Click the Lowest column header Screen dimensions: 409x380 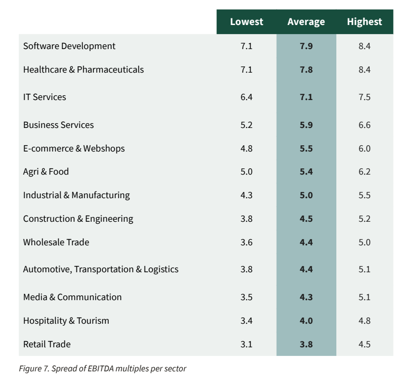pyautogui.click(x=246, y=22)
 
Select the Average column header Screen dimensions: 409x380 pyautogui.click(x=306, y=22)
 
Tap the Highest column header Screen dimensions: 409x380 pyautogui.click(x=364, y=22)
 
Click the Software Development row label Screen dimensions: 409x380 pyautogui.click(x=69, y=46)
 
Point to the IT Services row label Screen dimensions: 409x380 pyautogui.click(x=45, y=97)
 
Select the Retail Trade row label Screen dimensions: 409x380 pyautogui.click(x=47, y=344)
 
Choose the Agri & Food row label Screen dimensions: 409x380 pyautogui.click(x=46, y=172)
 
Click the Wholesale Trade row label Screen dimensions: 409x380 pyautogui.click(x=56, y=242)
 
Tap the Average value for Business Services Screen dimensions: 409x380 pyautogui.click(x=306, y=125)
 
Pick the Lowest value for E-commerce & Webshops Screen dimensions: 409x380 pyautogui.click(x=246, y=149)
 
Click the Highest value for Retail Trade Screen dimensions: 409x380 pyautogui.click(x=364, y=344)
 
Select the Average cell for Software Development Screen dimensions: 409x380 pyautogui.click(x=306, y=46)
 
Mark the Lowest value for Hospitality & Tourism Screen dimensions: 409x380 pyautogui.click(x=246, y=320)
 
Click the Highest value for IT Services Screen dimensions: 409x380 pyautogui.click(x=364, y=97)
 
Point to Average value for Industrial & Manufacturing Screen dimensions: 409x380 pyautogui.click(x=306, y=195)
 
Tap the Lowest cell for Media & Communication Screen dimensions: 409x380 pyautogui.click(x=246, y=297)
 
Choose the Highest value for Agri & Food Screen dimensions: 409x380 pyautogui.click(x=364, y=172)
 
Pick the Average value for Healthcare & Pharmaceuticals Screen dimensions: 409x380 pyautogui.click(x=306, y=70)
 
